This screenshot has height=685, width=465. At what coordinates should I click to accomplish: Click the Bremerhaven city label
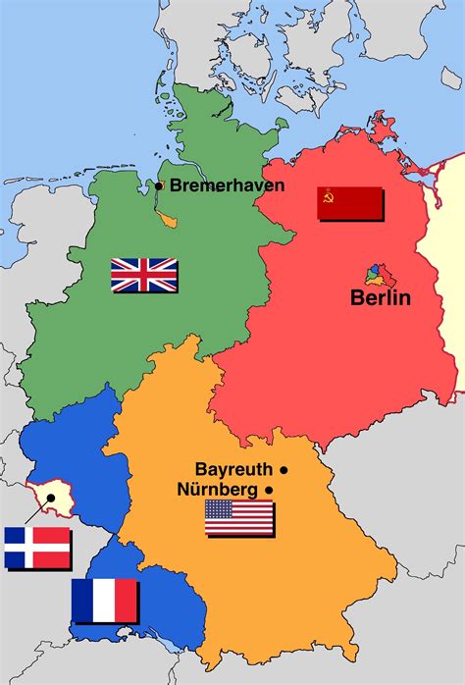228,184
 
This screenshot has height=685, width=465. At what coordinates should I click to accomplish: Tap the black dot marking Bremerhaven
159,184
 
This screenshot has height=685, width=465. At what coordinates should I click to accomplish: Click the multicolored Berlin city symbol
376,273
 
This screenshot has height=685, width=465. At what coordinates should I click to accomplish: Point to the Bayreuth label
235,469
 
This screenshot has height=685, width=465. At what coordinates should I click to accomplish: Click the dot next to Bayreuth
284,469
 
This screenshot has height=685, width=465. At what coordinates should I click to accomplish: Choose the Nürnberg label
218,489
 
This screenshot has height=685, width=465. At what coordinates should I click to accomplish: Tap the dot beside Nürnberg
268,489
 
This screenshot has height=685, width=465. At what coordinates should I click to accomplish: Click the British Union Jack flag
143,274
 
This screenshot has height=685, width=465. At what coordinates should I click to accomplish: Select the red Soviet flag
349,202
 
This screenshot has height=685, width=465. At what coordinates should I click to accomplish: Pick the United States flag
238,517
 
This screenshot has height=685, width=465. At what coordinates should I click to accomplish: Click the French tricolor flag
104,600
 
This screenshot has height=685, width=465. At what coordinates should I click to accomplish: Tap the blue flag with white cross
37,548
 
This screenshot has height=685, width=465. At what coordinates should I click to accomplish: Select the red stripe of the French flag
127,600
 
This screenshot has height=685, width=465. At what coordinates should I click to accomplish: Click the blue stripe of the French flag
82,600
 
